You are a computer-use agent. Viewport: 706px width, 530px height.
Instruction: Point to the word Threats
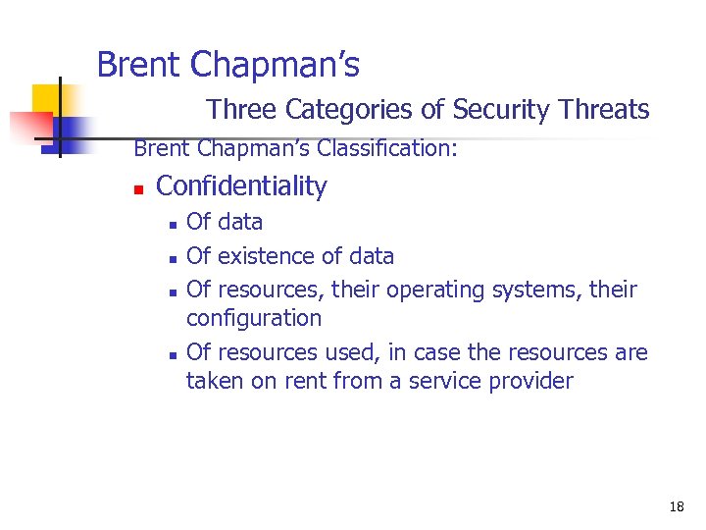tap(604, 110)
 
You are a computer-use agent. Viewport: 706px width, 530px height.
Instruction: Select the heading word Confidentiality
tap(241, 185)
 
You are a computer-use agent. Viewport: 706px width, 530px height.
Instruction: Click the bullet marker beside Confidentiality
tap(139, 187)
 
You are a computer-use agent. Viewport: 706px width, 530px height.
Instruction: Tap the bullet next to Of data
tap(171, 225)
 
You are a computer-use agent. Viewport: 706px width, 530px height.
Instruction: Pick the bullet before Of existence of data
tap(171, 259)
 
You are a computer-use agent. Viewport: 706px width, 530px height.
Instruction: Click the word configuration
tap(253, 318)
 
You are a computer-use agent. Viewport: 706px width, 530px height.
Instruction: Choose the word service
tap(447, 381)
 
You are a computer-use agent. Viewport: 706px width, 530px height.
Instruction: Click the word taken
tap(214, 381)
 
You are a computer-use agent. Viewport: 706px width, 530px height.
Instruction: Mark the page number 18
tap(677, 506)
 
